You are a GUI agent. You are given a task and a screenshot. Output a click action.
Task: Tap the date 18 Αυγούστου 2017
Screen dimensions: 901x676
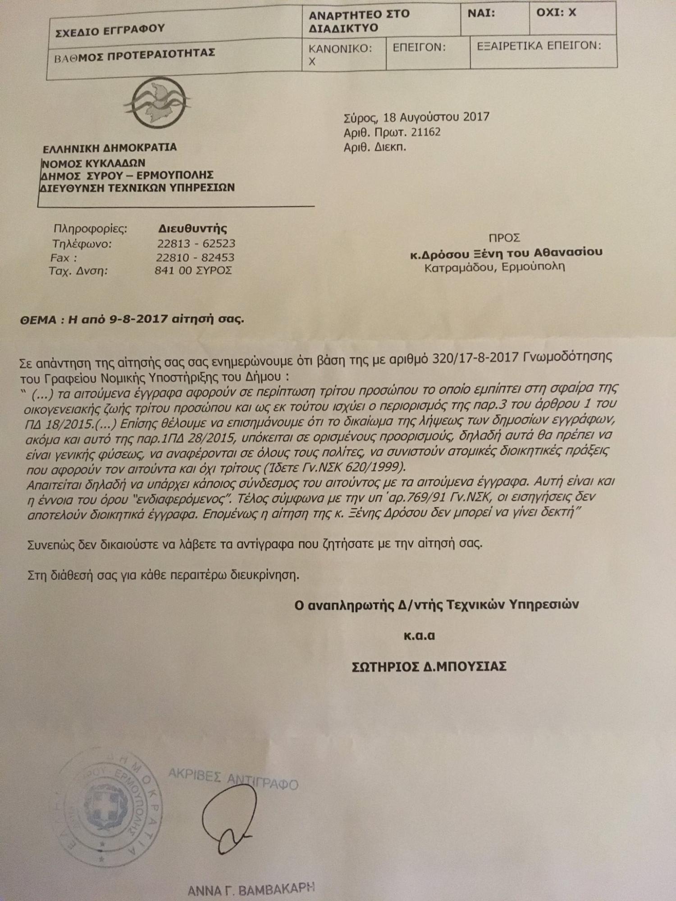coord(436,117)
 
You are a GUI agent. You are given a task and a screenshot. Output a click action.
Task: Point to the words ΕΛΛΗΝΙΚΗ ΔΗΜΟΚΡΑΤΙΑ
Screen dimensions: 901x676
coord(110,148)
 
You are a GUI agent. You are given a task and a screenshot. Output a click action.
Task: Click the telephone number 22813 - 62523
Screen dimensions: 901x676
coord(196,244)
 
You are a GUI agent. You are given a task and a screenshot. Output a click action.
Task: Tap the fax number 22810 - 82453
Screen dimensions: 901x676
coord(195,258)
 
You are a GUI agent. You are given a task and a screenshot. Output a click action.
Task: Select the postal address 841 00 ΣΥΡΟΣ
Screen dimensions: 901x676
coord(193,271)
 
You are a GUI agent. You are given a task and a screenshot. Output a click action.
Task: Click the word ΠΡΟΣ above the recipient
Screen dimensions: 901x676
coord(504,238)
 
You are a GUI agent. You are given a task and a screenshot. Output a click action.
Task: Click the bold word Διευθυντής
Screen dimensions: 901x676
coord(192,229)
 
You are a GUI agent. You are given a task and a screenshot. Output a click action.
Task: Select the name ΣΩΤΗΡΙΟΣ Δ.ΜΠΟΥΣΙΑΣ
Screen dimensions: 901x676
coord(429,666)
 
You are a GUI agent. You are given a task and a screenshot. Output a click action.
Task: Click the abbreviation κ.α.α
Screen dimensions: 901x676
coord(419,636)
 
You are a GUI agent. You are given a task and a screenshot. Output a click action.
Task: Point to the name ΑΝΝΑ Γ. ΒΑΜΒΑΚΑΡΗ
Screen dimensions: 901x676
coord(251,889)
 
